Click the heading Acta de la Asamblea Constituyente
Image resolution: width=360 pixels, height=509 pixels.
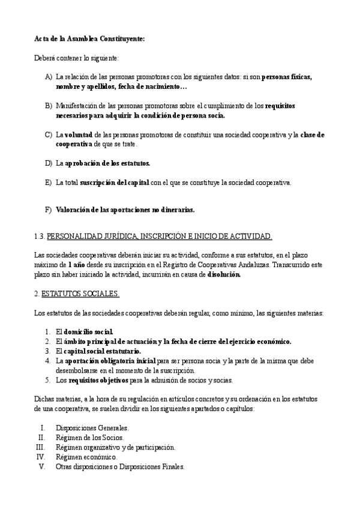coord(89,38)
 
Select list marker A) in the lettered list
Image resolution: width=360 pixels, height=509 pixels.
coord(49,77)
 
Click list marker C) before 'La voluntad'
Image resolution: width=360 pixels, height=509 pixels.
coord(49,135)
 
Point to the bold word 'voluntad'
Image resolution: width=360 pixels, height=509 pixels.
coord(79,135)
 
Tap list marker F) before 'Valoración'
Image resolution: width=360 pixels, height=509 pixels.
coord(49,210)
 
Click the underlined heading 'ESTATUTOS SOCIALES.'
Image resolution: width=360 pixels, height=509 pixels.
coord(80,294)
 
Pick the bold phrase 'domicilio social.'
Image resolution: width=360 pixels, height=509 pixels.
coord(88,332)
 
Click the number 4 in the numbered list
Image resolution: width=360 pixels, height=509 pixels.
coord(47,361)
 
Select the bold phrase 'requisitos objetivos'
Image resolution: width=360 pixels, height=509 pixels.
coord(98,380)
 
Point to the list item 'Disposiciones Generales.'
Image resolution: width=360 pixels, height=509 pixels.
coord(92,428)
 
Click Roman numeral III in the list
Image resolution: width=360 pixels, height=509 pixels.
coord(41,447)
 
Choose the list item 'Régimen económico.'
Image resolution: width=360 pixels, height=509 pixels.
coord(86,457)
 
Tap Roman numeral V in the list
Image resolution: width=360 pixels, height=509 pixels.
coord(42,466)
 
